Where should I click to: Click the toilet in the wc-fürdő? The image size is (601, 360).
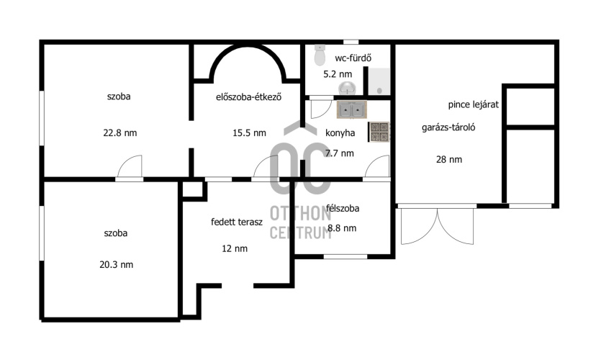pos(320,55)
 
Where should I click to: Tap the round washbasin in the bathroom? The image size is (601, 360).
pos(348,88)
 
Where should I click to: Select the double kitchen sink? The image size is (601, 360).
pos(352,110)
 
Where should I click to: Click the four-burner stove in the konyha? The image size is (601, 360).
pos(379,132)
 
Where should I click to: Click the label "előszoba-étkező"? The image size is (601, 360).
pos(249,97)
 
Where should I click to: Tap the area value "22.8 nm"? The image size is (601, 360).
pos(120,133)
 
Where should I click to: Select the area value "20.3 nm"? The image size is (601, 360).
pos(116,264)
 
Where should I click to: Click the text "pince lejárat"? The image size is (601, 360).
pos(474,104)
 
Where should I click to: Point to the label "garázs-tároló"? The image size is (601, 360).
pos(448,127)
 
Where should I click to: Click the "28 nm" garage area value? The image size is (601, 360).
pos(449,160)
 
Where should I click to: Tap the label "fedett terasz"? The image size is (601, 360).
pos(237,222)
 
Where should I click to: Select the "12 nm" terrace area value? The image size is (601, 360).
pos(235,248)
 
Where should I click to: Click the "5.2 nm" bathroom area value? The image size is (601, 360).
pos(338,74)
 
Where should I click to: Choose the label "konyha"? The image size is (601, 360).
pos(340,133)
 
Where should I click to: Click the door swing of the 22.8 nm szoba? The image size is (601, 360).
pos(130,167)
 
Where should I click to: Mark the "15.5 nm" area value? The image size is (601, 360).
pos(249,133)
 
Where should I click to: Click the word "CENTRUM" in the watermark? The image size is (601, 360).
pos(301,233)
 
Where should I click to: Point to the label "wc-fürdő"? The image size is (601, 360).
pos(353,58)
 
